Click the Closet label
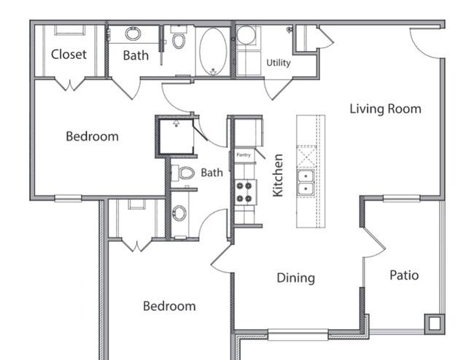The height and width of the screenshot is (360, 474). click(x=69, y=55)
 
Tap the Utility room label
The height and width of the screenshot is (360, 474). click(x=278, y=63)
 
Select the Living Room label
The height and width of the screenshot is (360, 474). click(x=386, y=109)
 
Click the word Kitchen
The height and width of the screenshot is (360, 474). click(x=278, y=175)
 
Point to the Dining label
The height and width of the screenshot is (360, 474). click(x=295, y=278)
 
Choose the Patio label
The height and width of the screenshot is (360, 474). click(x=404, y=275)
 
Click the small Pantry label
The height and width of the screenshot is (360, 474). click(x=244, y=155)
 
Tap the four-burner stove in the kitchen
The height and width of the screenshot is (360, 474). click(x=244, y=192)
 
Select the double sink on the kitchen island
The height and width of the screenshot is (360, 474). click(x=306, y=183)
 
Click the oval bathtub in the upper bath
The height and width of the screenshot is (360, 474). click(x=213, y=51)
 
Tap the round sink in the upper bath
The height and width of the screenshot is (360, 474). click(x=133, y=34)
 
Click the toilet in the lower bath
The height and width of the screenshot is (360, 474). click(x=183, y=173)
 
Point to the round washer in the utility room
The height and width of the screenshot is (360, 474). click(x=246, y=35)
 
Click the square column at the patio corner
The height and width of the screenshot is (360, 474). click(x=435, y=324)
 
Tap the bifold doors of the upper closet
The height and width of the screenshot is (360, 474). click(x=70, y=85)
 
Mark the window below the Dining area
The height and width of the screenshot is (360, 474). click(x=298, y=334)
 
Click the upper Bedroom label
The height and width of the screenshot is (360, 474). click(x=92, y=136)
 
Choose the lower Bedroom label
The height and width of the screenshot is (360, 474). click(x=169, y=306)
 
